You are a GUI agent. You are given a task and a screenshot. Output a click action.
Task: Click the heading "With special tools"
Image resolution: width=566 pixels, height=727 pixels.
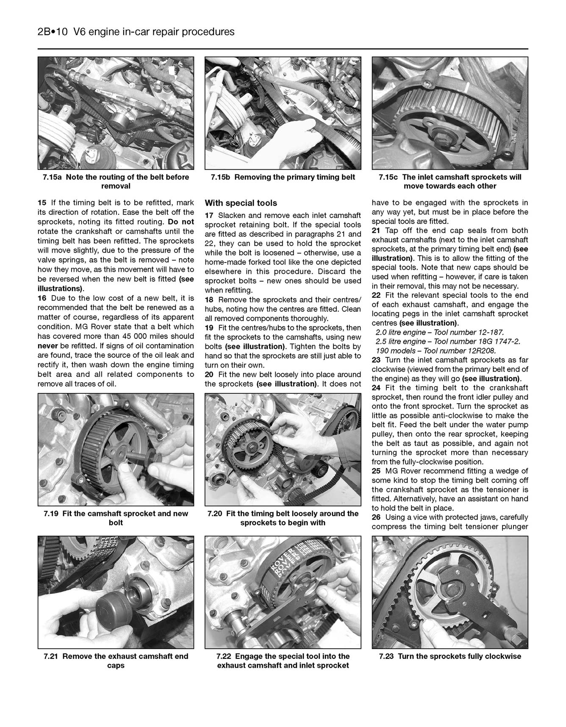click(241, 203)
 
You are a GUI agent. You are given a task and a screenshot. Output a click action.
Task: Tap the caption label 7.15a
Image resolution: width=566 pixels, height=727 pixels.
click(52, 177)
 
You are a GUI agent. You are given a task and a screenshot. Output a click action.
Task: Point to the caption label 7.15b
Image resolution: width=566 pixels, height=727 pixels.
click(220, 177)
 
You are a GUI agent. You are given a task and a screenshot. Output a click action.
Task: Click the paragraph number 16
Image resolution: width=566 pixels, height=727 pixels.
click(42, 299)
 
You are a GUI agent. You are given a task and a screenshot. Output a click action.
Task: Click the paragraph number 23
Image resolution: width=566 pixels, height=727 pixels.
click(376, 360)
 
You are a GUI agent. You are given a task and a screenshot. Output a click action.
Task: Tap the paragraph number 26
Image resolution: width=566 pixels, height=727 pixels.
click(376, 517)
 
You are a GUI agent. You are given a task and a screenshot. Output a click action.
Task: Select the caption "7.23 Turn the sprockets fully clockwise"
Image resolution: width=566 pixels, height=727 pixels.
click(450, 656)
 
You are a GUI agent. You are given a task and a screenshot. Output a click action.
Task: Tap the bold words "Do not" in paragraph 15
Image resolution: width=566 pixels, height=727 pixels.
click(181, 221)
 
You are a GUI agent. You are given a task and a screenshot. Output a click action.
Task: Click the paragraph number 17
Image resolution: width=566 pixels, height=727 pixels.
click(209, 216)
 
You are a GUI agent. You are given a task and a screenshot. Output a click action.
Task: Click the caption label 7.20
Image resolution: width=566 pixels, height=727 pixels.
click(215, 514)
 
